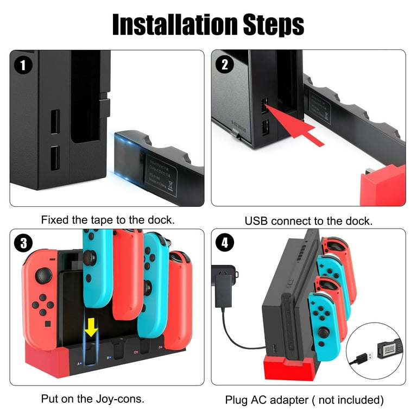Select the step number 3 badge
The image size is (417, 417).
[x=23, y=243]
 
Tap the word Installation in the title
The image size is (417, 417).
[x=174, y=24]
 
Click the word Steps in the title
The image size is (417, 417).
[x=273, y=24]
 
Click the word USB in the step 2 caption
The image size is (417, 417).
[x=257, y=221]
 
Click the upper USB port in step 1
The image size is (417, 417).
[x=55, y=122]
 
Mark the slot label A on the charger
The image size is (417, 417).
[x=79, y=363]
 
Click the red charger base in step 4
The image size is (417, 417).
[x=285, y=369]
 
